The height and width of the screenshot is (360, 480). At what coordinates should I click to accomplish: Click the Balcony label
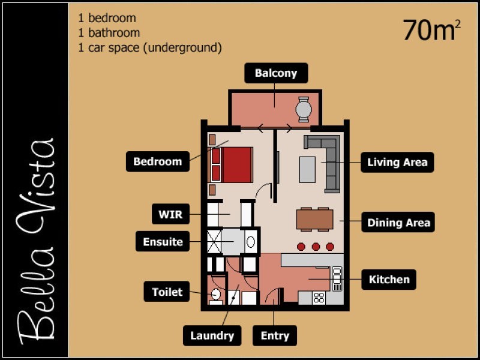(276, 73)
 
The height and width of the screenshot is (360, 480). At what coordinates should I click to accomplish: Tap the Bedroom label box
(158, 161)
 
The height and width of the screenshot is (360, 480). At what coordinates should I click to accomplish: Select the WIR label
(170, 214)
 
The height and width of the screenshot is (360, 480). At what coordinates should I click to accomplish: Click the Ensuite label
(163, 242)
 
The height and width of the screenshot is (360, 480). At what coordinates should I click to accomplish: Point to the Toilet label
(167, 292)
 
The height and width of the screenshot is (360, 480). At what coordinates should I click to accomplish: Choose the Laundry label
(212, 335)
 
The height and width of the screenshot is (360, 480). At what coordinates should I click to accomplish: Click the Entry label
(275, 335)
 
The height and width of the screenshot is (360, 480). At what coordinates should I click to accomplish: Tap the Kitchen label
(389, 280)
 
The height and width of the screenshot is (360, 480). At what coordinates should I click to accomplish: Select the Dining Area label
(398, 222)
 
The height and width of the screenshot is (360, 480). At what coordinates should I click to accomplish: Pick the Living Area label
(397, 162)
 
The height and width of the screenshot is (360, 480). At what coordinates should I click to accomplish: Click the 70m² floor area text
(431, 30)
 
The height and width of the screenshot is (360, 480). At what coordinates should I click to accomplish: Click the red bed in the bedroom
(232, 164)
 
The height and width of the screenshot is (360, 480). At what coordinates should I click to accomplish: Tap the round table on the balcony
(304, 109)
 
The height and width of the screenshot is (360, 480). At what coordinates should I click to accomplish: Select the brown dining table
(314, 219)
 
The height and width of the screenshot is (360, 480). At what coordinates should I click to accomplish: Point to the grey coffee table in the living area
(307, 170)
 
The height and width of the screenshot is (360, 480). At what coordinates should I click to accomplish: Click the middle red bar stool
(316, 247)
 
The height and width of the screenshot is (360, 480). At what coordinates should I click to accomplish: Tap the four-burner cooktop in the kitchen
(319, 298)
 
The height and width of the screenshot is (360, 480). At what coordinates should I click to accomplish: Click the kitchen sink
(337, 278)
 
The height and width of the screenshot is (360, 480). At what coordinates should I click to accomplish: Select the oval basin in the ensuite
(251, 242)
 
